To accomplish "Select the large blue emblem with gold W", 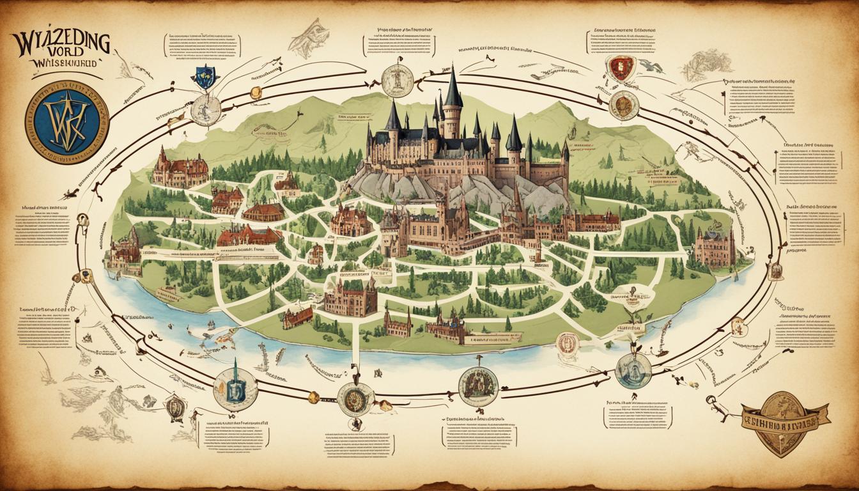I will [67, 122].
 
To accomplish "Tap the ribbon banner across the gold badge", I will [782, 415].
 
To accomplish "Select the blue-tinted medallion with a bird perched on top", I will [633, 370].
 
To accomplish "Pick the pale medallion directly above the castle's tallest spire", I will [397, 81].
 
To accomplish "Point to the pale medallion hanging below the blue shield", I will [205, 110].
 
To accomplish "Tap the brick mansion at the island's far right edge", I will [715, 249].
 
